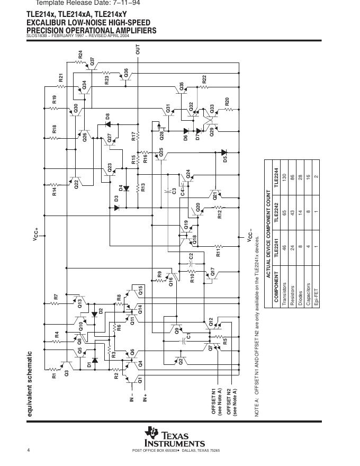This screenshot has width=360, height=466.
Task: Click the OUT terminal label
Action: point(138,50)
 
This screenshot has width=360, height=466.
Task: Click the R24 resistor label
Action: point(80,54)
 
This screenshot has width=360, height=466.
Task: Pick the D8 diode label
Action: point(107,116)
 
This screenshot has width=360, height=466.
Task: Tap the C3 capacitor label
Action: point(174,191)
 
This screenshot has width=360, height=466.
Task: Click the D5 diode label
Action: point(225,158)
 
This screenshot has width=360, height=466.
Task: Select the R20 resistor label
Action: point(227,101)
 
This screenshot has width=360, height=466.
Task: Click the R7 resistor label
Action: point(56,298)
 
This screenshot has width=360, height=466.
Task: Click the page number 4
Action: point(29,450)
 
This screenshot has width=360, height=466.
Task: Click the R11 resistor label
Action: point(218,252)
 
